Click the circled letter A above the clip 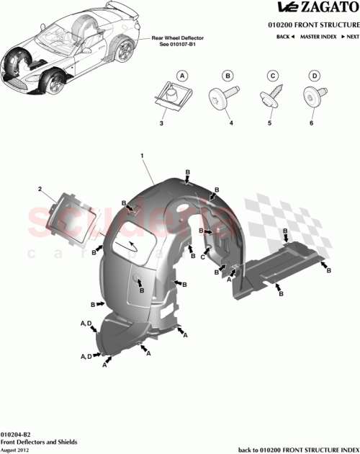(182, 75)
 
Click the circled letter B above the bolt (228, 75)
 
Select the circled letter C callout (273, 75)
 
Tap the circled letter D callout (314, 75)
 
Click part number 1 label (143, 156)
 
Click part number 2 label (40, 188)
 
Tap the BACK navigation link (284, 35)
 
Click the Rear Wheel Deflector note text (177, 39)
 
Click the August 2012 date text (16, 449)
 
